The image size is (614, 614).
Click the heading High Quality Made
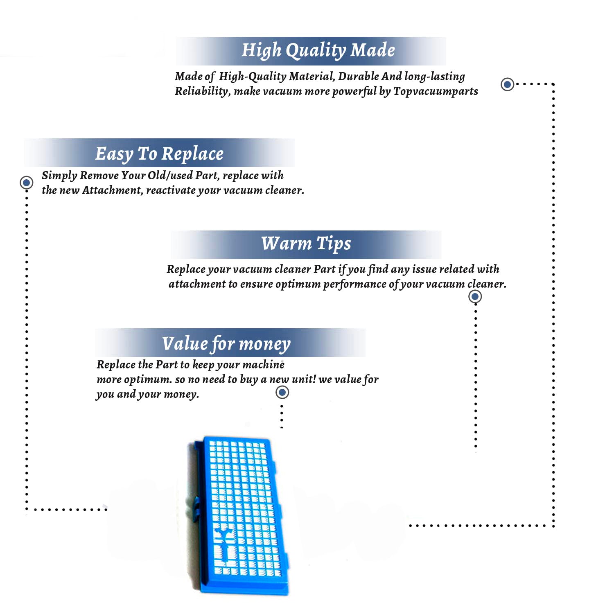pyautogui.click(x=318, y=50)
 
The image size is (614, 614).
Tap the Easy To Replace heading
pyautogui.click(x=159, y=154)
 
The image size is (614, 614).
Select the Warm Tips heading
pyautogui.click(x=306, y=244)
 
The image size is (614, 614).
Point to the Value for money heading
pyautogui.click(x=226, y=344)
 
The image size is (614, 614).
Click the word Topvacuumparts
pyautogui.click(x=436, y=91)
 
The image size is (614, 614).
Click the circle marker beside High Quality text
pyautogui.click(x=508, y=84)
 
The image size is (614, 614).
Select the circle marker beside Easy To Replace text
pyautogui.click(x=27, y=183)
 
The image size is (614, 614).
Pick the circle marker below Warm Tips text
pyautogui.click(x=475, y=296)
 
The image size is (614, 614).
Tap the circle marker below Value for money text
pyautogui.click(x=282, y=392)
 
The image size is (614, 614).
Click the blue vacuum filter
pyautogui.click(x=239, y=515)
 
